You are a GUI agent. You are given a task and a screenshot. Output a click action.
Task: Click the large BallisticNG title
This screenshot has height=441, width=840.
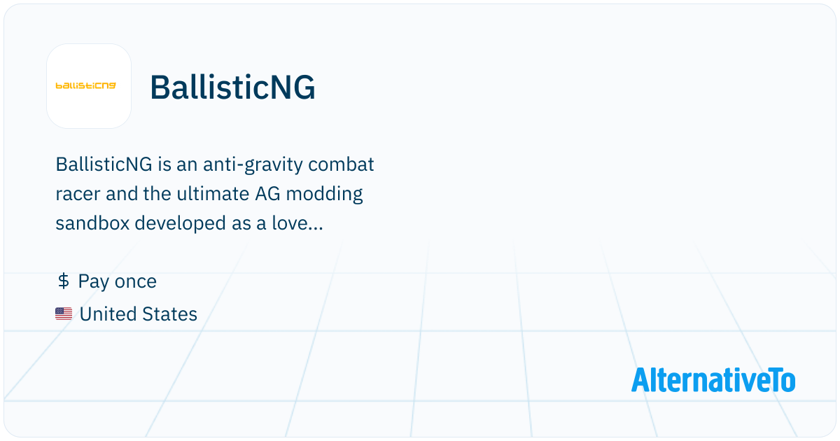[232, 87]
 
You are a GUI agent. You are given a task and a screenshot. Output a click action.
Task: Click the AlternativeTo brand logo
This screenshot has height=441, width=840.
[713, 380]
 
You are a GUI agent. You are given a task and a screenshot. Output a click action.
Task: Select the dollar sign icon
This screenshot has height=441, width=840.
[64, 281]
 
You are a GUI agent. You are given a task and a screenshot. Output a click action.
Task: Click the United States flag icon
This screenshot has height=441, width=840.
[64, 314]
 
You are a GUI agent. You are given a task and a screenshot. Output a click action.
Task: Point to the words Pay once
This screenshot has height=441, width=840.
[118, 282]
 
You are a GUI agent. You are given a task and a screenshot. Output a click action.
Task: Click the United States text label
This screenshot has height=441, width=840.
[139, 314]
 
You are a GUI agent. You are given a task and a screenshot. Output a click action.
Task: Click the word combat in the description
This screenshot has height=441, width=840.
[341, 164]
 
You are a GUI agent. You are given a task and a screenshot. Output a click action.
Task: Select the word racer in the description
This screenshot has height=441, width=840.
[78, 195]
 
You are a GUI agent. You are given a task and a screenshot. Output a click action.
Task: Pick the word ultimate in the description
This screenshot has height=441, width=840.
[213, 193]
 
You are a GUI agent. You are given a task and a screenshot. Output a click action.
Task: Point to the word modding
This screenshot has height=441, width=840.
[324, 195]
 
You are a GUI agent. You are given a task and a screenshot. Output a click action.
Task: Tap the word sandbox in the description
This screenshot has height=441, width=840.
[92, 223]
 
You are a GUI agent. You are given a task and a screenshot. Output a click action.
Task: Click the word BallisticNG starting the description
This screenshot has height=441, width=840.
[104, 164]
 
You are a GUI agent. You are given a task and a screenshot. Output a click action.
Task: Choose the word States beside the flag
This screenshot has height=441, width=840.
[169, 314]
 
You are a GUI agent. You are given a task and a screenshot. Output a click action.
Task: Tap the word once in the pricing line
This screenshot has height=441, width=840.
[135, 282]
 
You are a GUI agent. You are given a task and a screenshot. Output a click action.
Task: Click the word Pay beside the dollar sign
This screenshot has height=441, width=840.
[94, 282]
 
